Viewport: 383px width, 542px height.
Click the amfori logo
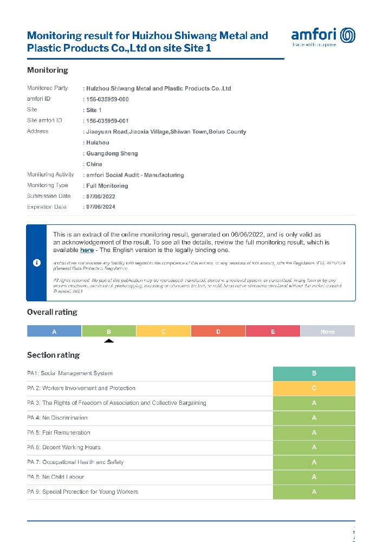323,37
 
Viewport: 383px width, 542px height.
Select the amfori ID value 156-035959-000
107,100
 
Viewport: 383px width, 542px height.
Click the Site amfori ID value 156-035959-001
107,121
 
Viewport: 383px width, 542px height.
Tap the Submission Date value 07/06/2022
100,197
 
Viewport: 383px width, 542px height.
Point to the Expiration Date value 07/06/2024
100,207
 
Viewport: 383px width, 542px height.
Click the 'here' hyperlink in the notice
87,250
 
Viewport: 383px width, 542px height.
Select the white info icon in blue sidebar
37,263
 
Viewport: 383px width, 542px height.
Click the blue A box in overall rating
54,331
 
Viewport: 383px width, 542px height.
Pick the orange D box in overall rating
218,331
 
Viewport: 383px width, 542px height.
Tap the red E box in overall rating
273,331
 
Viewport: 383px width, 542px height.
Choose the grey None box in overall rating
327,331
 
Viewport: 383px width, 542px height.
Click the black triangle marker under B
109,341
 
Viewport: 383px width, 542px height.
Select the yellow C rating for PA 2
314,389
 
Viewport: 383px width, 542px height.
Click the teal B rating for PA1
314,374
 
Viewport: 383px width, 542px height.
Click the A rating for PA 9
314,492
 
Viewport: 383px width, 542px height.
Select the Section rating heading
53,356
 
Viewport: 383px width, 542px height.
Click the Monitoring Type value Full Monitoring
107,186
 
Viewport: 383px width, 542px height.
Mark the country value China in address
94,164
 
